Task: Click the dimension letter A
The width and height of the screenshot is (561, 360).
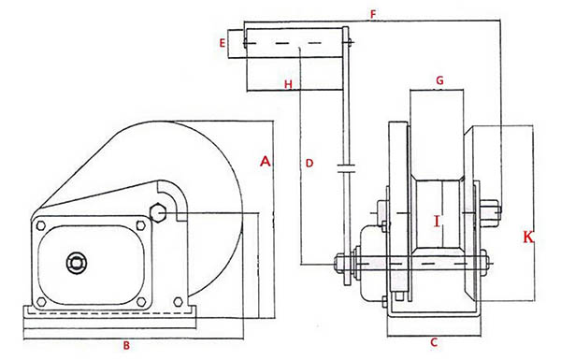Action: click(266, 162)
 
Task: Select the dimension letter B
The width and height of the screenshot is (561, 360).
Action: click(126, 346)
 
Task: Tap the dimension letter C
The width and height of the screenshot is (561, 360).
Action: click(434, 343)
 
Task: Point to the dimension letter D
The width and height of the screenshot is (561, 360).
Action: click(309, 164)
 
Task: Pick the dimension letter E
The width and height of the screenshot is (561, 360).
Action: click(223, 43)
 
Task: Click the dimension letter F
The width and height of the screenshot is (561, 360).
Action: click(373, 14)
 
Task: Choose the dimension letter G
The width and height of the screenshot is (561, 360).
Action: click(439, 80)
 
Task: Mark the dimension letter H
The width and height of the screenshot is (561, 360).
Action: click(288, 84)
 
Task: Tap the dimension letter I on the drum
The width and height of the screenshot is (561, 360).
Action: click(437, 222)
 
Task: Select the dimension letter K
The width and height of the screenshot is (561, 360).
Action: click(528, 237)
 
